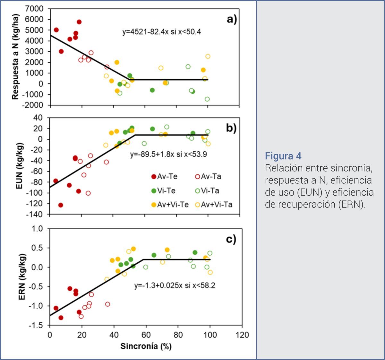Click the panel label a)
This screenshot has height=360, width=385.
click(232, 20)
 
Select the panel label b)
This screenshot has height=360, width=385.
click(231, 128)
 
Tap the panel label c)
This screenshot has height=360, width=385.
click(231, 239)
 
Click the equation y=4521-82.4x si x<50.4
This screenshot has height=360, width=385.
click(162, 32)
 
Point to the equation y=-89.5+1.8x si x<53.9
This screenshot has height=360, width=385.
click(168, 154)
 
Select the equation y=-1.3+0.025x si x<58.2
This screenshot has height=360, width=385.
click(175, 285)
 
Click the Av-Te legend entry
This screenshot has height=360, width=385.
click(164, 177)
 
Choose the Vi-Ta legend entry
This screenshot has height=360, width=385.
click(207, 191)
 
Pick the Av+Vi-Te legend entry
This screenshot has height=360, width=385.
click(170, 205)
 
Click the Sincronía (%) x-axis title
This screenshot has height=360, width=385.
click(146, 346)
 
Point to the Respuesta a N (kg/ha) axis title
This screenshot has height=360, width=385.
click(15, 57)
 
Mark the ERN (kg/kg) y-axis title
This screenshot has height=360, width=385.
click(22, 277)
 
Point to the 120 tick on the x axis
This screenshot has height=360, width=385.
click(242, 335)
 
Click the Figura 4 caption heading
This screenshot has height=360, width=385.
click(283, 156)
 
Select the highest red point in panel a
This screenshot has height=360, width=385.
click(79, 22)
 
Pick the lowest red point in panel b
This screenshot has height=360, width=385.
click(61, 205)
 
